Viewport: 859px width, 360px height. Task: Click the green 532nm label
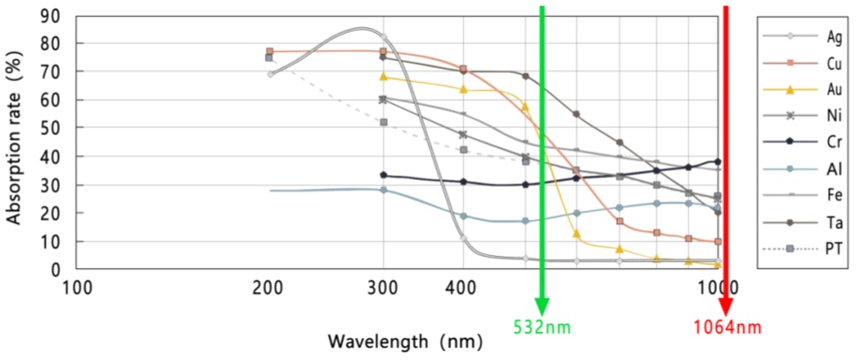542,327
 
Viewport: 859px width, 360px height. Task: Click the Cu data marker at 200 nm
269,52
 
